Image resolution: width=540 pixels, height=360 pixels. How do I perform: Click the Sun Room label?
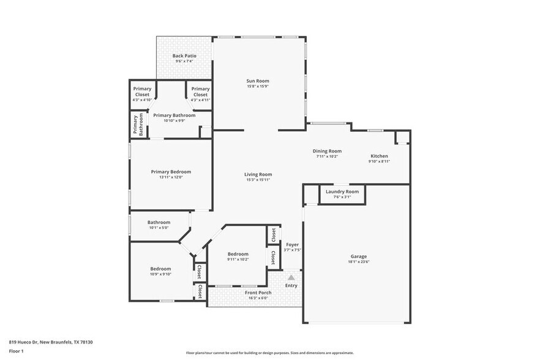point(258,81)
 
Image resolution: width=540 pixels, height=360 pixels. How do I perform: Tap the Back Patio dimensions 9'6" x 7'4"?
point(184,61)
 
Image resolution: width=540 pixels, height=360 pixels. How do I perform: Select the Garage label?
point(359,257)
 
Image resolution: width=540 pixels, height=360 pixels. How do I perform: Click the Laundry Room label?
point(342,192)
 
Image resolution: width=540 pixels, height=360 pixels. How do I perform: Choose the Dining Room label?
point(327,151)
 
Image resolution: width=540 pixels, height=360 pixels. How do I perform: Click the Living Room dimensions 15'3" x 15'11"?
point(259,180)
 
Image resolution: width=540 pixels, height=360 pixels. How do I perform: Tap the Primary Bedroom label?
point(171,172)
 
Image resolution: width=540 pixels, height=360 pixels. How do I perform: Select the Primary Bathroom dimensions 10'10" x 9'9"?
point(174,121)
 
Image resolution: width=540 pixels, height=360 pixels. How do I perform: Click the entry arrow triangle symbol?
point(291,277)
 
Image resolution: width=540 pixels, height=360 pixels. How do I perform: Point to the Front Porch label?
point(258,293)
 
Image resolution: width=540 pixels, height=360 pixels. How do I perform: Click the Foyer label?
point(293,244)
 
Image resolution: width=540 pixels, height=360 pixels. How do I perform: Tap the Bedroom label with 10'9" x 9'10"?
point(161,269)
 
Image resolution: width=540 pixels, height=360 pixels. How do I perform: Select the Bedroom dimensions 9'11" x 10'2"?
point(238,260)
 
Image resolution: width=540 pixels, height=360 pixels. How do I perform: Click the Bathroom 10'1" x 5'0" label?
point(159,222)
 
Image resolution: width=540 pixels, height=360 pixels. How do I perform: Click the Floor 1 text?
point(16,351)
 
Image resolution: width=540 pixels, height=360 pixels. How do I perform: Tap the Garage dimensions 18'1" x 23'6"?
point(359,262)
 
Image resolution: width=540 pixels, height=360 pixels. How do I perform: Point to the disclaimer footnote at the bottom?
point(269,353)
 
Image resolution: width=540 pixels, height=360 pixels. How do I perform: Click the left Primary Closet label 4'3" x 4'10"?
point(142,92)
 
